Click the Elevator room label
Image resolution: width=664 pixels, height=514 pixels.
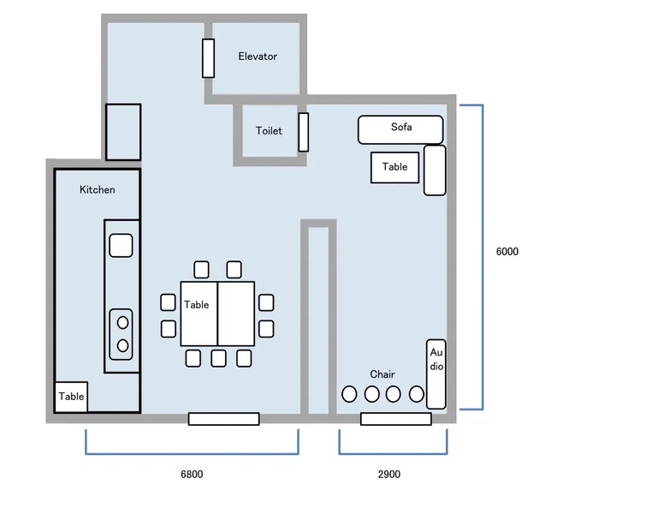pyautogui.click(x=258, y=57)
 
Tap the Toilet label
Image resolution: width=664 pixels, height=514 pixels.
pyautogui.click(x=269, y=130)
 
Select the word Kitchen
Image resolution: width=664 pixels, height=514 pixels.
pyautogui.click(x=98, y=189)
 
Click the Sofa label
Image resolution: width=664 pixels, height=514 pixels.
pyautogui.click(x=401, y=127)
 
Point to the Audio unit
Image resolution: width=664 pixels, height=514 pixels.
pyautogui.click(x=436, y=374)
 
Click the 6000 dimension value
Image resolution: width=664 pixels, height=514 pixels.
pyautogui.click(x=507, y=252)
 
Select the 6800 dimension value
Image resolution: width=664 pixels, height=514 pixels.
pyautogui.click(x=192, y=474)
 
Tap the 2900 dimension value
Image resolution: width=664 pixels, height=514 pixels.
pyautogui.click(x=389, y=474)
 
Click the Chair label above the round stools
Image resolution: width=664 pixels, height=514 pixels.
pyautogui.click(x=382, y=374)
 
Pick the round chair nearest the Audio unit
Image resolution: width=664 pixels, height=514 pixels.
pyautogui.click(x=416, y=394)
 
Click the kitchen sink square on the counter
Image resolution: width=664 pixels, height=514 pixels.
pyautogui.click(x=122, y=246)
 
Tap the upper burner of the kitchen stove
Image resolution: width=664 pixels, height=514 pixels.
pyautogui.click(x=123, y=323)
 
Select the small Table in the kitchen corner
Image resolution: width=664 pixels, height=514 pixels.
pyautogui.click(x=71, y=397)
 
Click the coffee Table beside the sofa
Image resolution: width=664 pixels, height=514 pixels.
pyautogui.click(x=394, y=168)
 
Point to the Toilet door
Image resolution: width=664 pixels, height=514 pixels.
pyautogui.click(x=303, y=132)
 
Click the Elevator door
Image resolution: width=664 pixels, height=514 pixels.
pyautogui.click(x=208, y=58)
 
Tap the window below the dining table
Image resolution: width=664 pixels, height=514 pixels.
pyautogui.click(x=223, y=419)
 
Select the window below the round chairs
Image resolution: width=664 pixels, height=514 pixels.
pyautogui.click(x=396, y=419)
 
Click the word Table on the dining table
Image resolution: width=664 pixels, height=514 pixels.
pyautogui.click(x=197, y=305)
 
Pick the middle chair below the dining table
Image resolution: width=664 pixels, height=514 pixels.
pyautogui.click(x=218, y=358)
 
